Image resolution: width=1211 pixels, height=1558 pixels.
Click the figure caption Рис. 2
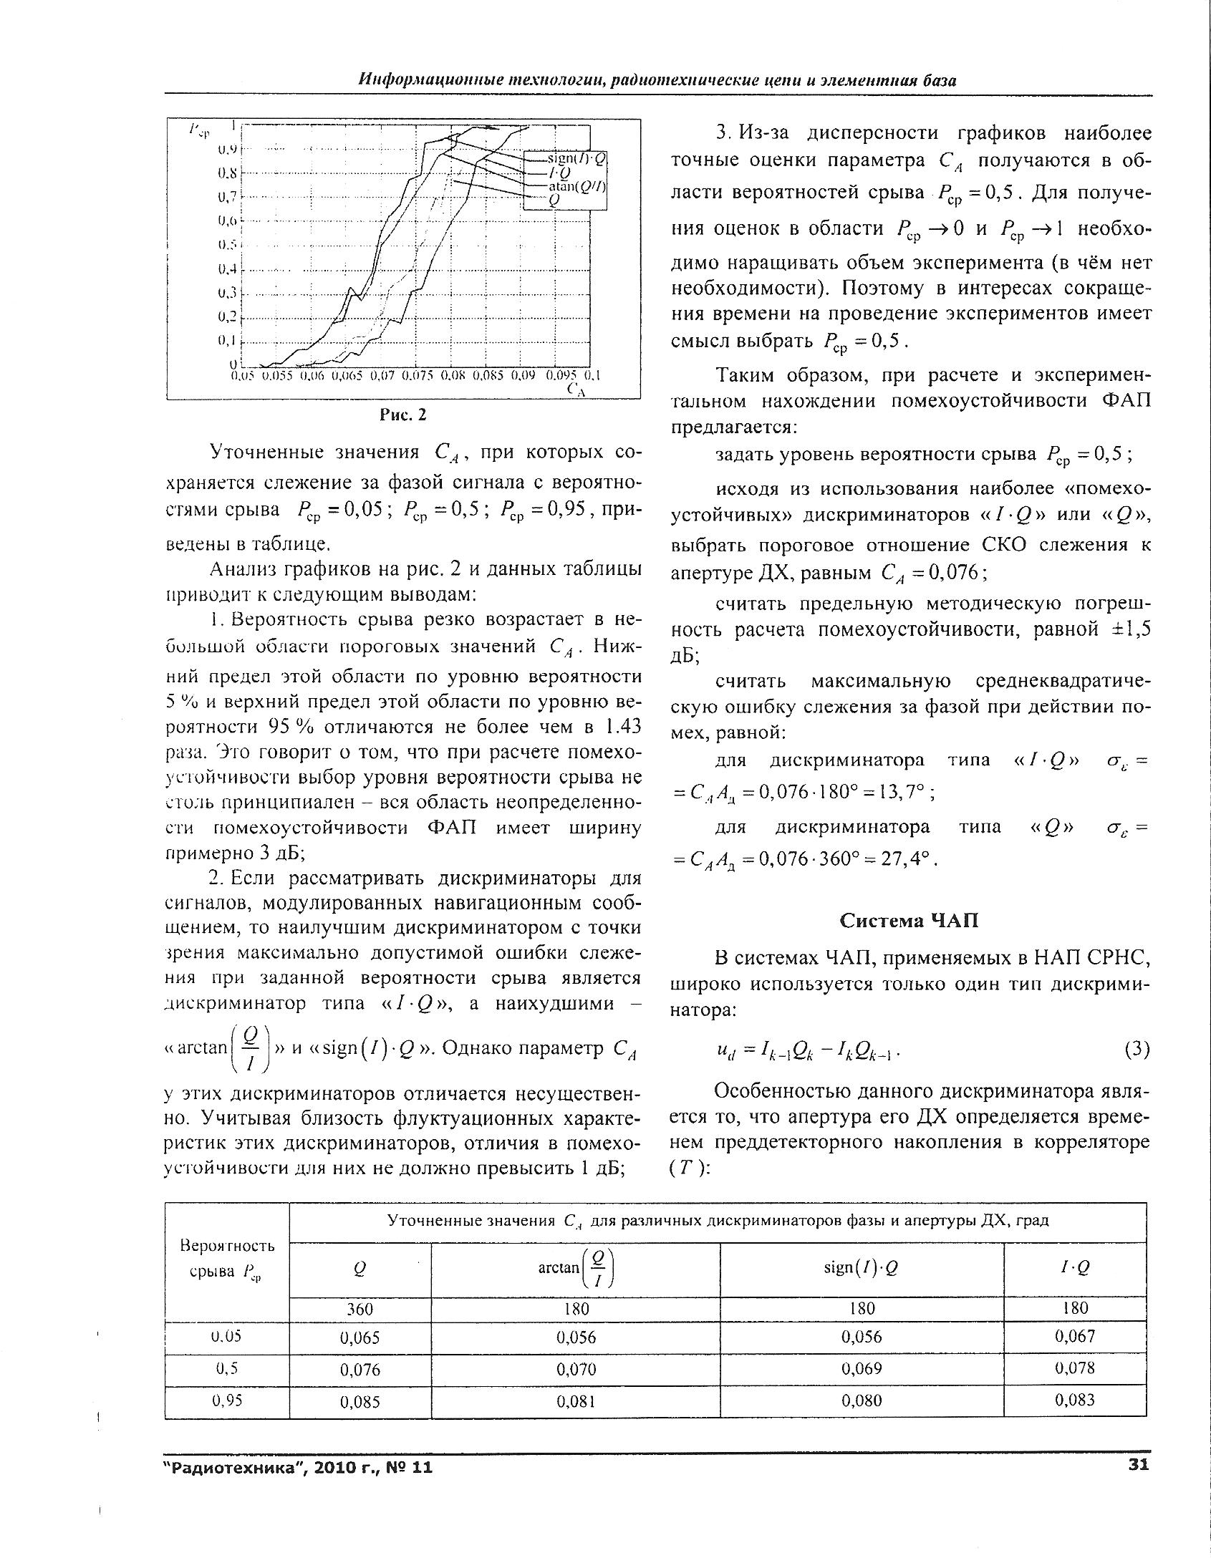point(402,415)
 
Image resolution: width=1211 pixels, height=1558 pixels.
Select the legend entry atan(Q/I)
point(576,186)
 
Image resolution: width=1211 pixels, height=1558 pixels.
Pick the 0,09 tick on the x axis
point(524,374)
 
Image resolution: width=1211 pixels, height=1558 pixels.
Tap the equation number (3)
point(1136,1050)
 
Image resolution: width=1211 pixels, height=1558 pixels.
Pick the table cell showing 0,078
point(1075,1368)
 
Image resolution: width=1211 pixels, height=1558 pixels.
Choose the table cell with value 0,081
point(576,1401)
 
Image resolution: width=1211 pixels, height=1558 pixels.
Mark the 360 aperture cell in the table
point(360,1308)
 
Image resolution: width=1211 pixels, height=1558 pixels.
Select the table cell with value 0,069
point(862,1369)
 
